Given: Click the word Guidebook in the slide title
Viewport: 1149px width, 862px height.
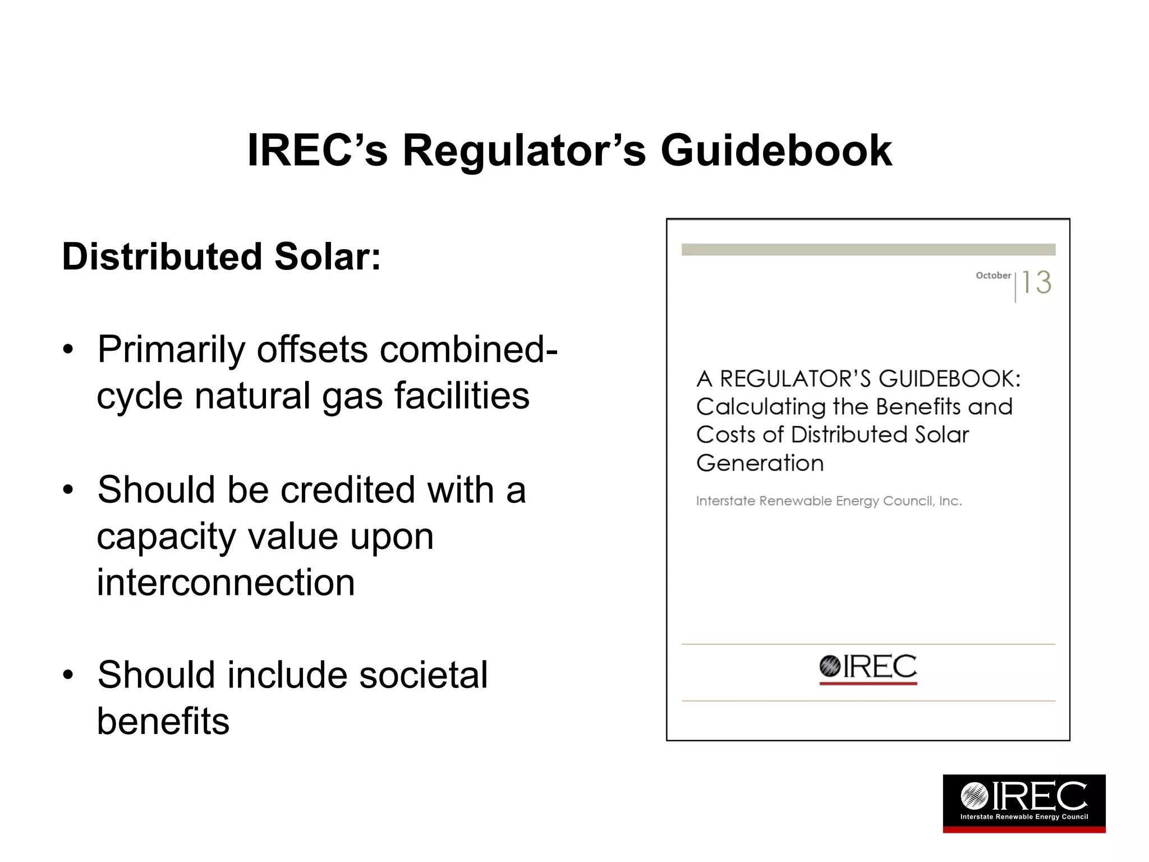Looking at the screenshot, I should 776,150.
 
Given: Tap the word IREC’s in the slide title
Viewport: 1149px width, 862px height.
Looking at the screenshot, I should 317,150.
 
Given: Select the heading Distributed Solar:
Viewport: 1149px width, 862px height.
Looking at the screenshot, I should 221,256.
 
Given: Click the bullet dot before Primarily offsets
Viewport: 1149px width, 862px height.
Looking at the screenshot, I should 68,350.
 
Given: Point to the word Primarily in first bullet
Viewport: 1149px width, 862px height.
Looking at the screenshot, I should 171,350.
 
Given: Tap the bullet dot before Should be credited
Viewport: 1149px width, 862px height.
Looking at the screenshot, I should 68,489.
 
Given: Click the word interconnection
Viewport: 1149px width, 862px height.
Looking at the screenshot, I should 226,582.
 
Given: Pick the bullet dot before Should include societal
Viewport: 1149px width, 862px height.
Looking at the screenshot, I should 68,675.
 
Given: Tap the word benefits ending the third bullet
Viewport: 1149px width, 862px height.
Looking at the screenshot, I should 163,721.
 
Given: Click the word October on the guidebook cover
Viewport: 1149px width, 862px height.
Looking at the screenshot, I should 993,276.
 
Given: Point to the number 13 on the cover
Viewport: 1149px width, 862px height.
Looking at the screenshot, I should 1036,282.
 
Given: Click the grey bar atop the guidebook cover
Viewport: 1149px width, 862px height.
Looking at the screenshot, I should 868,250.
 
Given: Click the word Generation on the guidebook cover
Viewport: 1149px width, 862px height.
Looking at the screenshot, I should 760,464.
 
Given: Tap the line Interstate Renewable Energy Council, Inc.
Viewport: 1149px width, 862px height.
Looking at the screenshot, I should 829,501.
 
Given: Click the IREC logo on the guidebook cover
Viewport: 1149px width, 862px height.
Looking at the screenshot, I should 868,668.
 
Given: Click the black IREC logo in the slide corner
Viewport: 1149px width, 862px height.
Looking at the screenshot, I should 1024,803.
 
